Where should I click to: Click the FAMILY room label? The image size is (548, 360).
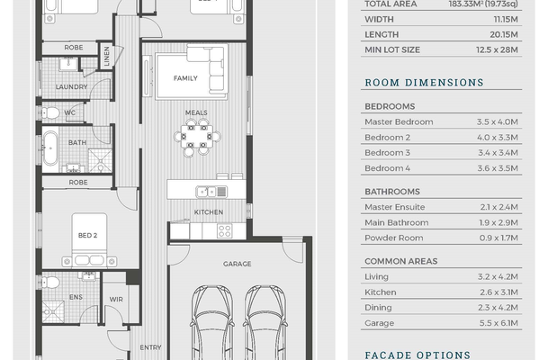click(185, 78)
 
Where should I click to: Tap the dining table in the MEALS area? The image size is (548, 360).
click(197, 136)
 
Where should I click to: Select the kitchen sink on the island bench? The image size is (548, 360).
click(211, 192)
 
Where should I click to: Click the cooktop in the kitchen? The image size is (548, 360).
click(224, 231)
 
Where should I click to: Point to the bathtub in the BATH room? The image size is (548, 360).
click(50, 148)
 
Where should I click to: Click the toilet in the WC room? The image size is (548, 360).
click(50, 112)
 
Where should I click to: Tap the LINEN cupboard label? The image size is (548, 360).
click(106, 56)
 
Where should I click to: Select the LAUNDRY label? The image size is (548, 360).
click(71, 86)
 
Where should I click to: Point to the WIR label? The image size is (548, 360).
click(116, 300)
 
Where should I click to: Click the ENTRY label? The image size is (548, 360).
click(150, 347)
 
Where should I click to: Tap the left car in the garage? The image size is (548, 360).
click(211, 322)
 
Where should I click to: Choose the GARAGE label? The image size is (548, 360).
click(237, 264)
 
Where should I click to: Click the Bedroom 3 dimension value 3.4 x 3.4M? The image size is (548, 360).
click(498, 153)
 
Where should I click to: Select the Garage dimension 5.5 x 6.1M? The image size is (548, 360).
click(499, 323)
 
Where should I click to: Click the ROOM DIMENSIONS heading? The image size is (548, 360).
click(425, 83)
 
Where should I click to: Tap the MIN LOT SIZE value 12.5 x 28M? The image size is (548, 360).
click(497, 49)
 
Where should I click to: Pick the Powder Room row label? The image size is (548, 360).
click(394, 238)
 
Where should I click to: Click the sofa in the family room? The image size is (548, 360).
click(208, 69)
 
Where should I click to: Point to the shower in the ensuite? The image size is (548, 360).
click(53, 311)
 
